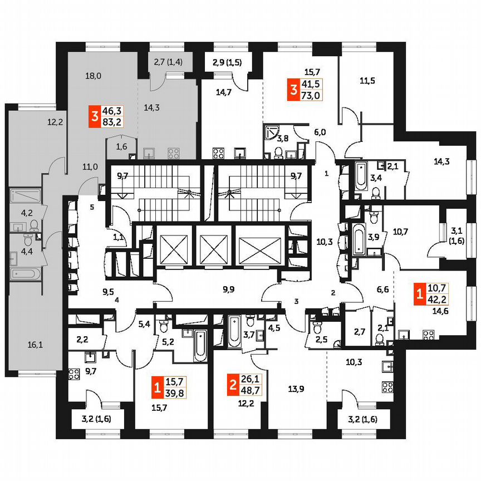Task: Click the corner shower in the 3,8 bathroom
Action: [x=272, y=131]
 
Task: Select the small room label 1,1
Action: [x=118, y=237]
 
